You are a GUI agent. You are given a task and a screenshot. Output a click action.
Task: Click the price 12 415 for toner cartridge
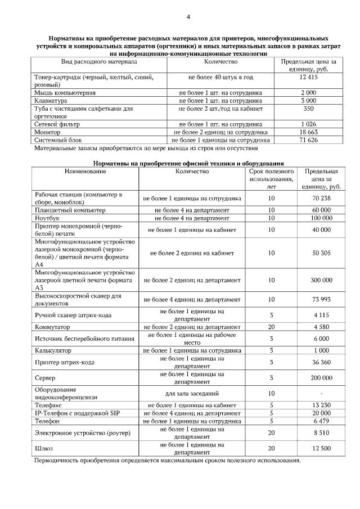click(309, 76)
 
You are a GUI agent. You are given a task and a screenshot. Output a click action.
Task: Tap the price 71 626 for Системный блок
click(309, 139)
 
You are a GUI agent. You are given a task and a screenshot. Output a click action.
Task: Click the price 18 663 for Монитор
click(309, 132)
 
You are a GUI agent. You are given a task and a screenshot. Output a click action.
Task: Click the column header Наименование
click(85, 170)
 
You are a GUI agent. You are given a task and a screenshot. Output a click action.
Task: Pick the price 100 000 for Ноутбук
click(321, 218)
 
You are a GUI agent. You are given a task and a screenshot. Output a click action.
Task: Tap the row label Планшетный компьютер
click(70, 210)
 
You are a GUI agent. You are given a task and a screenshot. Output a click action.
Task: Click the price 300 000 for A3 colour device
click(321, 280)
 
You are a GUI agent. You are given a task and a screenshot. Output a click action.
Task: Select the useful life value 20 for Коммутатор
click(271, 327)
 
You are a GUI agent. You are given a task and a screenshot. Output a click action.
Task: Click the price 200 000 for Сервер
click(321, 378)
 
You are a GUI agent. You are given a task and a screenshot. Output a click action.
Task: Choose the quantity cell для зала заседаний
click(192, 393)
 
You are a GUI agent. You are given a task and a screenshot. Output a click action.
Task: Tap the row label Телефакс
click(49, 404)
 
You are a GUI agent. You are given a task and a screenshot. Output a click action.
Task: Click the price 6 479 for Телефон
click(321, 420)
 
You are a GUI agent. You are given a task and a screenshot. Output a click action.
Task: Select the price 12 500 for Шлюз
click(321, 448)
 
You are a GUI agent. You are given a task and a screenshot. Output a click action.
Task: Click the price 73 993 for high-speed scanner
click(321, 299)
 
